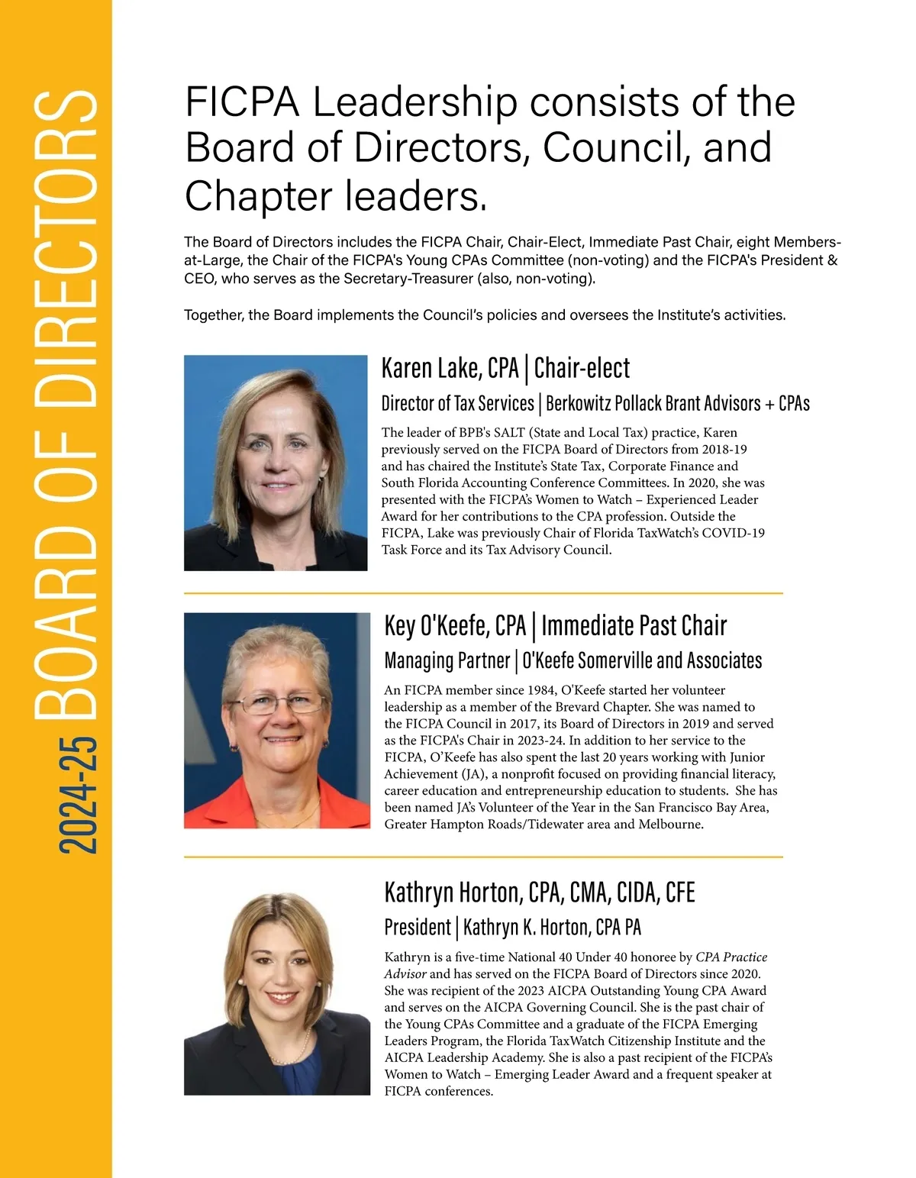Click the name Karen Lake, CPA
click(450, 368)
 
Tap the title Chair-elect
click(582, 368)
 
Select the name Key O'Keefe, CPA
click(455, 626)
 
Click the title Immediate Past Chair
click(634, 626)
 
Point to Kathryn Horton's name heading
click(539, 892)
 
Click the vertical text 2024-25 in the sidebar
click(78, 794)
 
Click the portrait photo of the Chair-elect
click(276, 463)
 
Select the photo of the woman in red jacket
click(276, 720)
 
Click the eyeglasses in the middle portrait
click(276, 703)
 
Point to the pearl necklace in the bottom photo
click(299, 1043)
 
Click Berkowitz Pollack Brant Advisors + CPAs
click(678, 403)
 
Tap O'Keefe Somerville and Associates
click(642, 660)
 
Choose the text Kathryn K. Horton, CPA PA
click(552, 927)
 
